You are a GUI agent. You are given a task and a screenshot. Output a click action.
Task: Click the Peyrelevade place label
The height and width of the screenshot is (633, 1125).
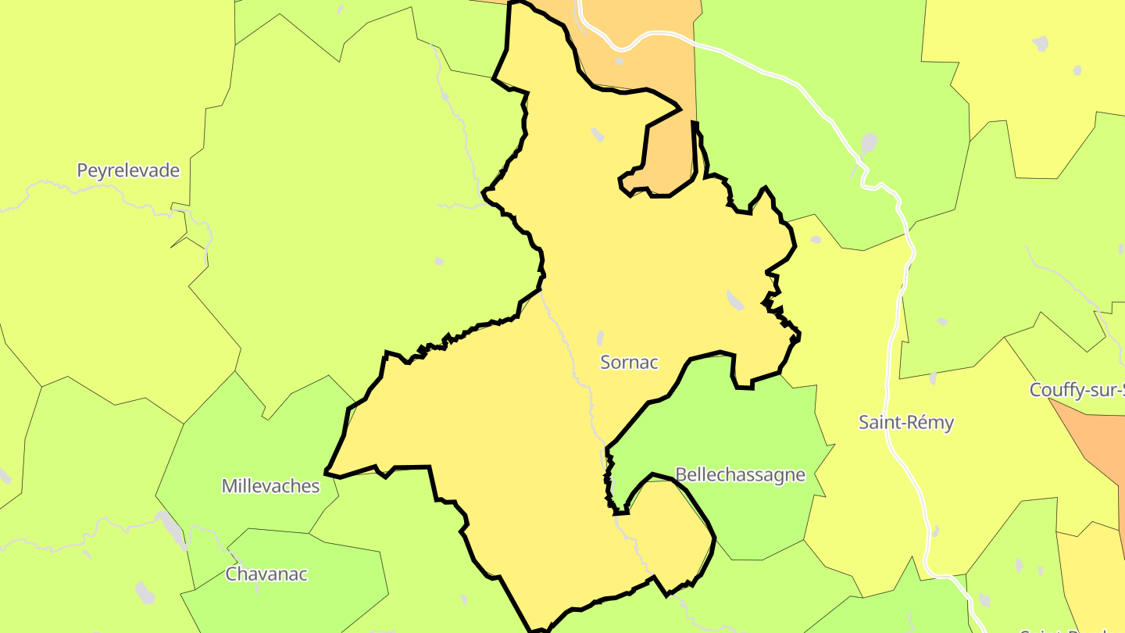pyautogui.click(x=128, y=170)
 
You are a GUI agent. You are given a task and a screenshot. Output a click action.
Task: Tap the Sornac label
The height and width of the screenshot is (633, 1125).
pyautogui.click(x=629, y=362)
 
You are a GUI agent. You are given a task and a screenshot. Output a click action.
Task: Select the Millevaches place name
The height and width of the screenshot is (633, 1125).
pyautogui.click(x=270, y=486)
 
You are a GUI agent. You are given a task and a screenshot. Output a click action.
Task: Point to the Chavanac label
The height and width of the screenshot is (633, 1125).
pyautogui.click(x=266, y=574)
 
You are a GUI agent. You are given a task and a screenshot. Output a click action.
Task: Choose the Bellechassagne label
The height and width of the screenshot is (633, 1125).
pyautogui.click(x=739, y=475)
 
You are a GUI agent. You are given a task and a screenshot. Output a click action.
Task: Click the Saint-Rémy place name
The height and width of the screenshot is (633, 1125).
pyautogui.click(x=906, y=423)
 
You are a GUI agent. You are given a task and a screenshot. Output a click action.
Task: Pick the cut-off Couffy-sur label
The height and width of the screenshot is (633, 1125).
pyautogui.click(x=1077, y=390)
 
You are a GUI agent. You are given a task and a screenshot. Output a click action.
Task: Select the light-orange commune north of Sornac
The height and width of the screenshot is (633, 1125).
pyautogui.click(x=664, y=63)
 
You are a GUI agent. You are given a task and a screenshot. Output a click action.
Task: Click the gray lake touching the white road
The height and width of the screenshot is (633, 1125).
pyautogui.click(x=869, y=145)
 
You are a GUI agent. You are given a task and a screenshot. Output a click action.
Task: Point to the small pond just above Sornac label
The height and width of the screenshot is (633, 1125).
pyautogui.click(x=600, y=338)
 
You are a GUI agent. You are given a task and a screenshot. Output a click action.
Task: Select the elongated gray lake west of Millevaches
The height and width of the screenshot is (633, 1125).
pyautogui.click(x=172, y=527)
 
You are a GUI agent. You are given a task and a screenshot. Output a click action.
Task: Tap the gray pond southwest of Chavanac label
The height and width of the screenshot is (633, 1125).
pyautogui.click(x=145, y=592)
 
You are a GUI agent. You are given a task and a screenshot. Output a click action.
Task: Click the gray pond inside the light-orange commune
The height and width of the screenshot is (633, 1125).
pyautogui.click(x=620, y=61)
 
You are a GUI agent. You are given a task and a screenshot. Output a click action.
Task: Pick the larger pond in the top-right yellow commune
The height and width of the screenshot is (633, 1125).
pyautogui.click(x=1040, y=43)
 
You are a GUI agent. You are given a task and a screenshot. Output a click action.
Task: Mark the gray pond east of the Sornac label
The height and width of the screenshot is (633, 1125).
pyautogui.click(x=735, y=299)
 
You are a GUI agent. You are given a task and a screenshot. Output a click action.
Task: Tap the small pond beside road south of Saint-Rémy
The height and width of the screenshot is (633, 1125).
pyautogui.click(x=935, y=531)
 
